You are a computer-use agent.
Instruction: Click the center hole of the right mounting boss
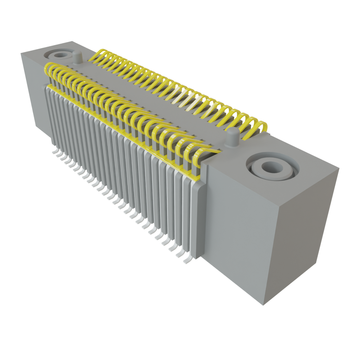click(270, 167)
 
